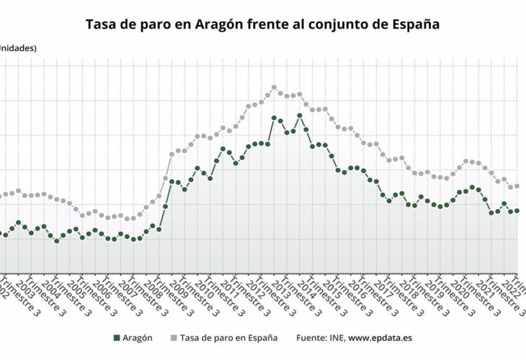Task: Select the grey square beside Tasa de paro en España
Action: click(x=173, y=338)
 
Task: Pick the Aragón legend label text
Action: click(x=138, y=338)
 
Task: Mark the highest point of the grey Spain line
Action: click(x=274, y=88)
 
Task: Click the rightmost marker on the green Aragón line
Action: click(x=517, y=211)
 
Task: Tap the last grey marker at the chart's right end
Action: click(x=517, y=186)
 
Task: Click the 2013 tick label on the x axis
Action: click(x=282, y=287)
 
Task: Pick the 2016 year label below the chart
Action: click(x=358, y=287)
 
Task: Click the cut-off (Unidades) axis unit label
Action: click(x=17, y=48)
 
